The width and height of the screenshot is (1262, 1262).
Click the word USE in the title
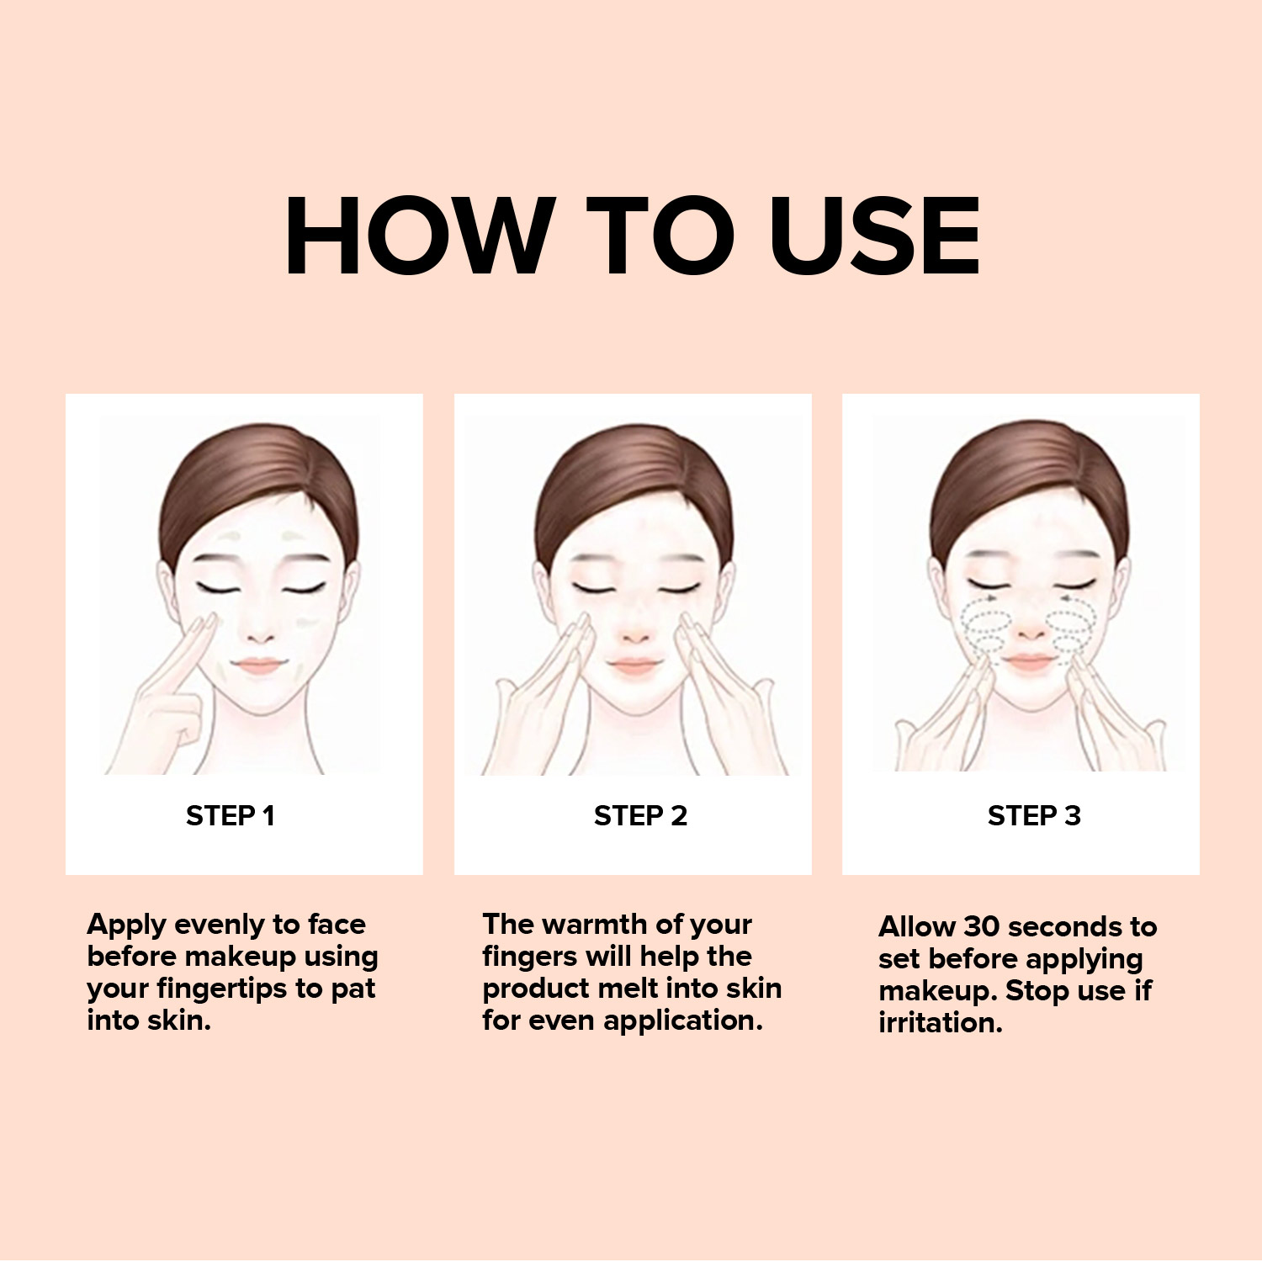(x=875, y=236)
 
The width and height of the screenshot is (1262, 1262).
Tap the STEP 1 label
(x=231, y=815)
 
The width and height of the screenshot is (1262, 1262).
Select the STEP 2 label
(x=640, y=815)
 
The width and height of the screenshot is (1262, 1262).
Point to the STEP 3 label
(x=1034, y=815)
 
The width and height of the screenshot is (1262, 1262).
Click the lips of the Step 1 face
(x=260, y=665)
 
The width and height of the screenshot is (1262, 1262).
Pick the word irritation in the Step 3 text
(x=941, y=1023)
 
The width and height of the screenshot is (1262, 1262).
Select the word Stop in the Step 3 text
(x=1038, y=991)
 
